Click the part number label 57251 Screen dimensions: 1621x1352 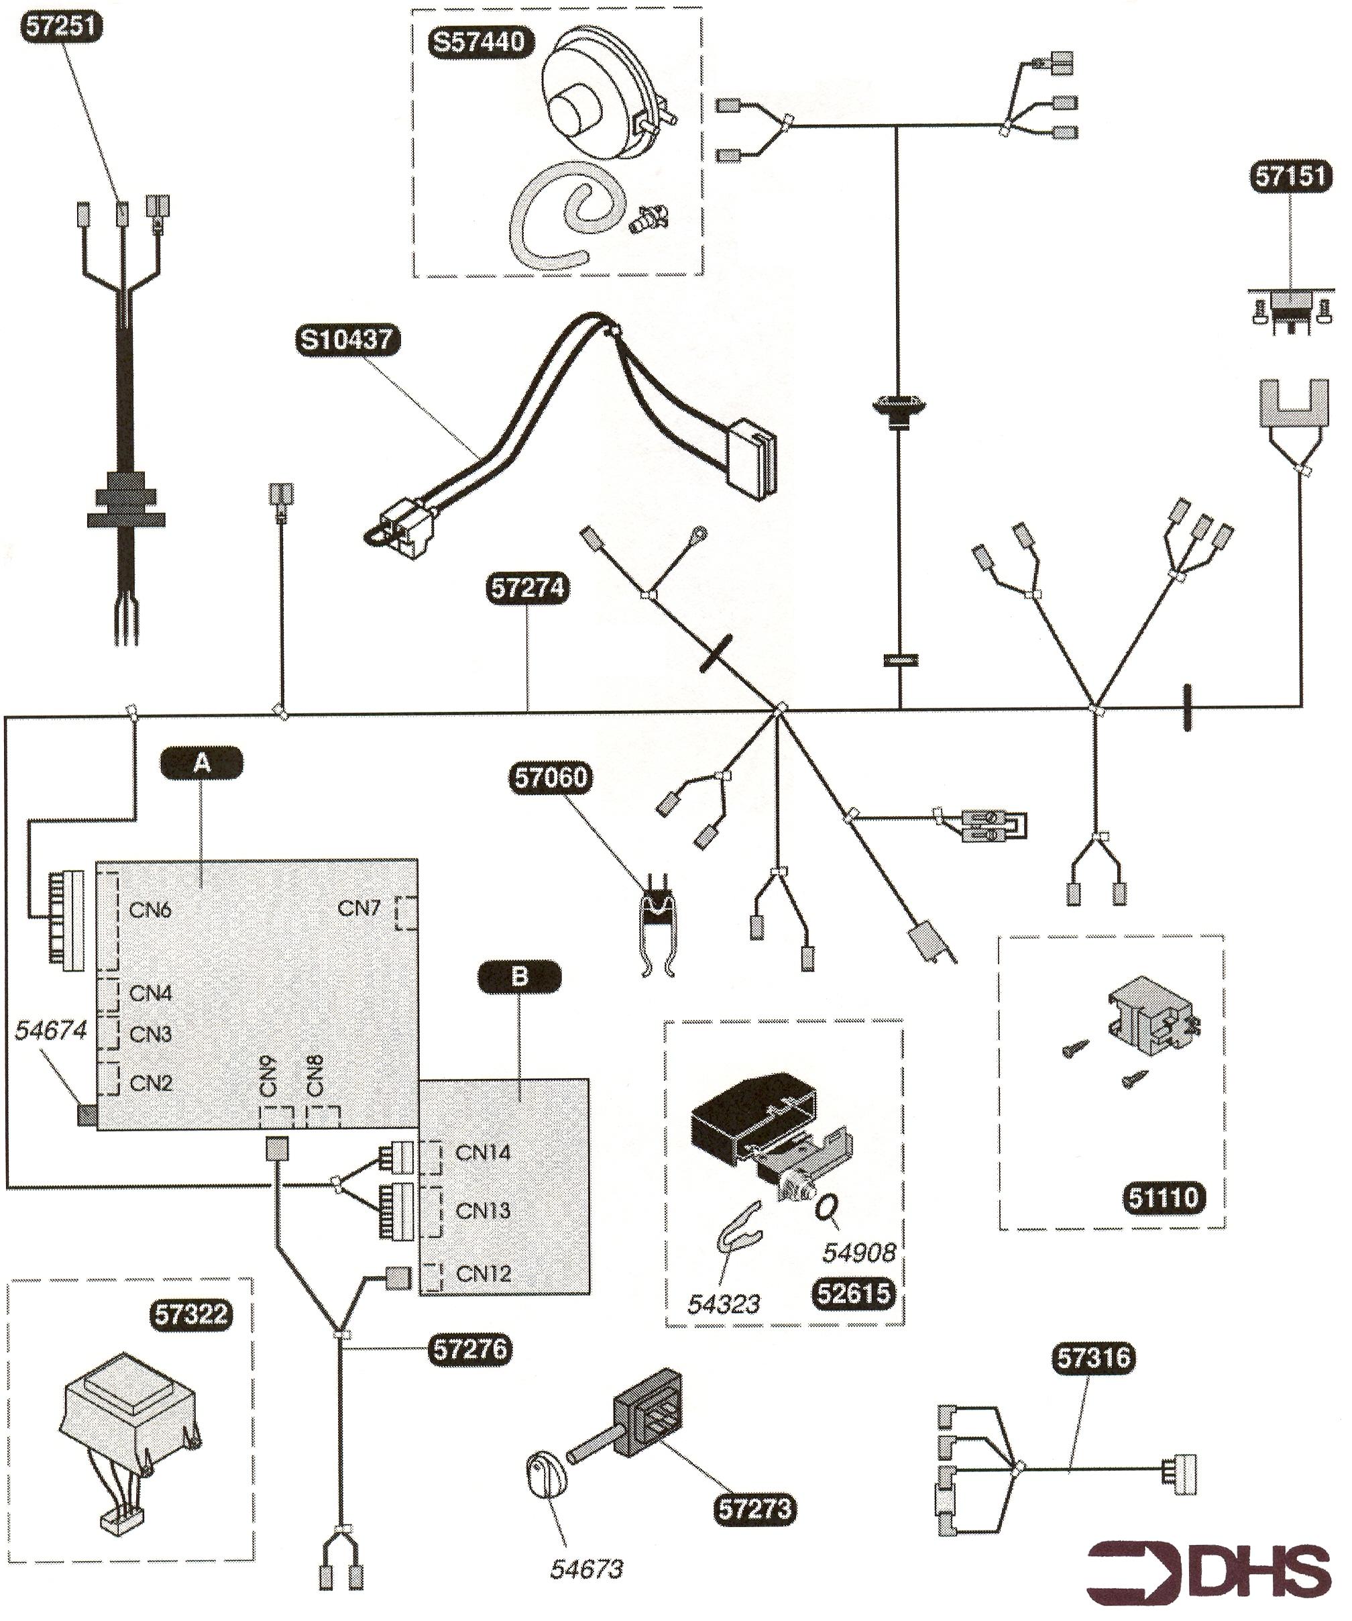coord(61,28)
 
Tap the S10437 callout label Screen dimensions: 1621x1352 coord(347,339)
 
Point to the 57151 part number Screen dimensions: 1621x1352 coord(1291,176)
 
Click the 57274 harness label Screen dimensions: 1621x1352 coord(528,588)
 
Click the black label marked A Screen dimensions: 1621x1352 coord(201,763)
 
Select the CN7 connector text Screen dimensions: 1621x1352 coord(359,908)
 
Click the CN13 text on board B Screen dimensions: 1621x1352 coord(483,1210)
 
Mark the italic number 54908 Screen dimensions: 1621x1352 coord(859,1252)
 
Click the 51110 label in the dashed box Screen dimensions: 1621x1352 coord(1163,1198)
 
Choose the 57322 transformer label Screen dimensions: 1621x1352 coord(190,1314)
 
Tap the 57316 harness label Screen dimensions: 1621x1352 coord(1094,1358)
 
